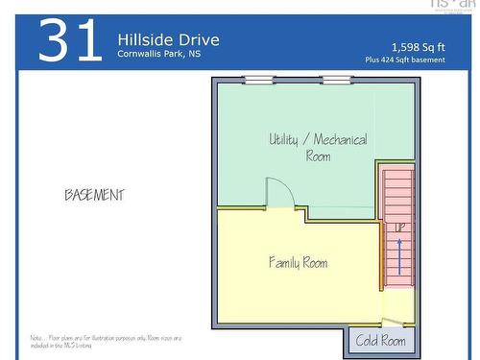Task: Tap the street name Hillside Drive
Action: click(168, 39)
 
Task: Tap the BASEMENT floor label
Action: click(94, 195)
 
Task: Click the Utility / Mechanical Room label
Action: click(318, 147)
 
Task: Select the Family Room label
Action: click(298, 261)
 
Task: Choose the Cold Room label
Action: click(381, 340)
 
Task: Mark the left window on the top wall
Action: click(258, 80)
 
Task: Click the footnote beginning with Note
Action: click(105, 342)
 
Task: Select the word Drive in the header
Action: click(198, 39)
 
